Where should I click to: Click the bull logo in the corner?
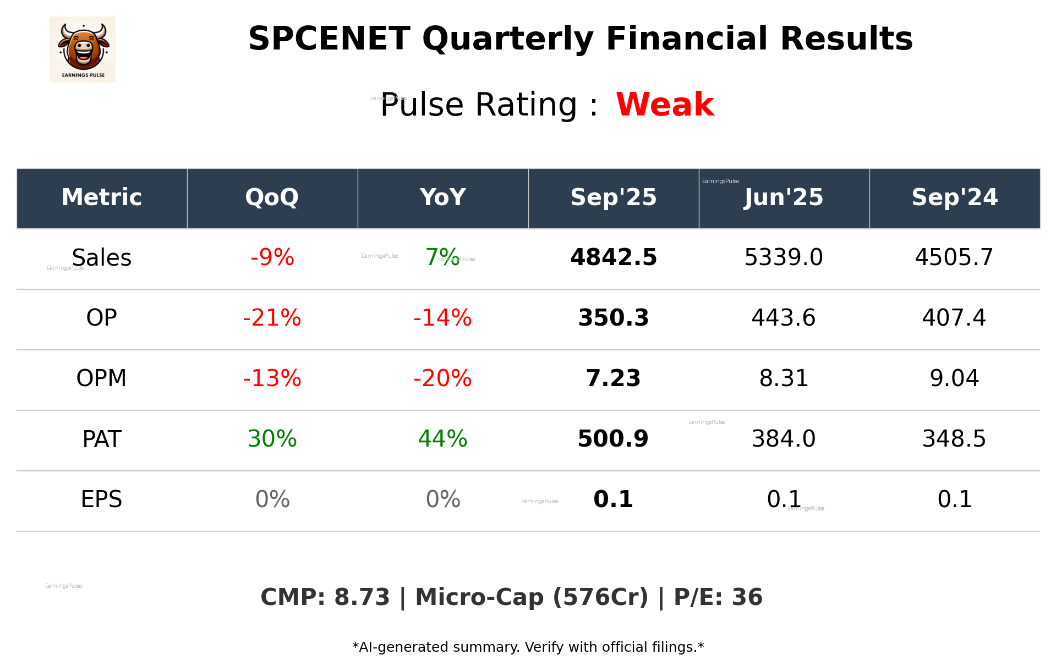(x=83, y=50)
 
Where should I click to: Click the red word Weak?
(x=665, y=105)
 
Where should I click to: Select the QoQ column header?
(x=272, y=197)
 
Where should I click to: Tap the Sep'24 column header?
(x=954, y=197)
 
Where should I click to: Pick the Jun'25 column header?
(x=784, y=197)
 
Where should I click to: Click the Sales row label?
(x=102, y=257)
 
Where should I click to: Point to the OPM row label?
(x=102, y=378)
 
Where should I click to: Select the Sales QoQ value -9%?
(x=272, y=257)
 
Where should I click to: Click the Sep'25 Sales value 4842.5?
(x=613, y=257)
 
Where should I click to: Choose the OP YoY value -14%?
(x=442, y=318)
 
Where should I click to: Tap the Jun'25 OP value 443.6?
(x=784, y=318)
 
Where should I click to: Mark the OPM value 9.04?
(x=954, y=378)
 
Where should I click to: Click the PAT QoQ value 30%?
(x=272, y=439)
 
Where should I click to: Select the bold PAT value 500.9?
(x=613, y=439)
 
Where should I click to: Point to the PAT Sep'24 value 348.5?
(x=954, y=439)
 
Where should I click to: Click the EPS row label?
(x=102, y=499)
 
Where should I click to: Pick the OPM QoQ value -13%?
(x=272, y=378)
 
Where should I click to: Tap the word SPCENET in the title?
(x=329, y=39)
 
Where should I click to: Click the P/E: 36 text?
(x=718, y=597)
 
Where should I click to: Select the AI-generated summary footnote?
(x=528, y=647)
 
